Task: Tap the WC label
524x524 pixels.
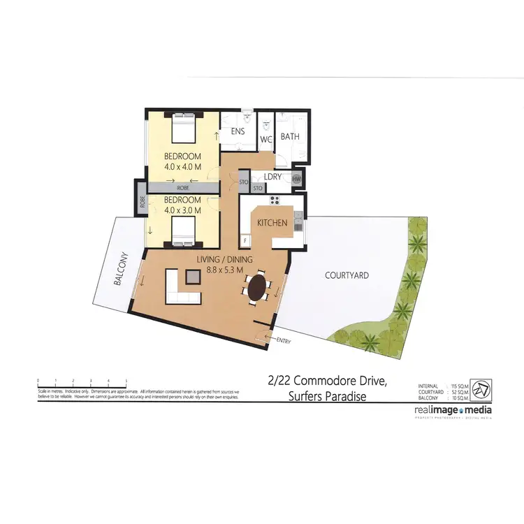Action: coord(265,139)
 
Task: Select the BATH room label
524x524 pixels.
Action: coord(290,136)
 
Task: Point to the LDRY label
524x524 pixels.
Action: coord(272,177)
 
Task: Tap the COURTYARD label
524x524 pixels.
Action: coord(347,275)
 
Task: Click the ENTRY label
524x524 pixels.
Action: coord(284,341)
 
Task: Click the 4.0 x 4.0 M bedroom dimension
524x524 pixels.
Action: coord(182,166)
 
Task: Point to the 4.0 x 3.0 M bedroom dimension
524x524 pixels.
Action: coord(182,210)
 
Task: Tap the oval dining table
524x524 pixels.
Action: coord(258,287)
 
